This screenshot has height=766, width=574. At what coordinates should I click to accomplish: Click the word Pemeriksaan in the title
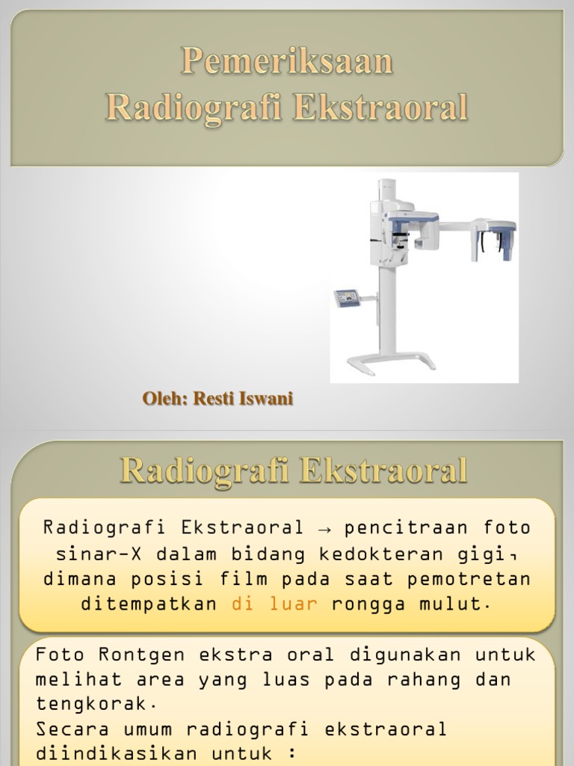click(x=287, y=62)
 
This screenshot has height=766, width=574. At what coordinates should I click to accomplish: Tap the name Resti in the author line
click(x=212, y=399)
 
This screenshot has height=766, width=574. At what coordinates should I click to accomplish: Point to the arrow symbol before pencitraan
click(x=324, y=528)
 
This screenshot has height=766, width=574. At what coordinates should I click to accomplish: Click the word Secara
click(x=64, y=729)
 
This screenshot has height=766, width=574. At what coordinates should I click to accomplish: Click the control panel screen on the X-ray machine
click(x=346, y=298)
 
